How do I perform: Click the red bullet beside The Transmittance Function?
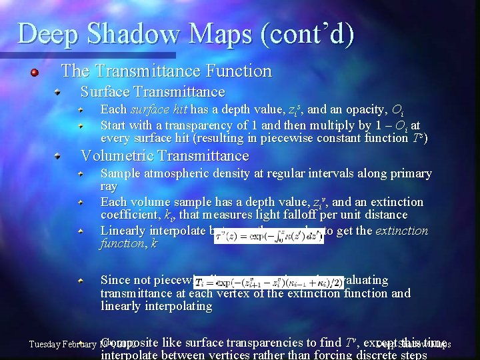point(35,71)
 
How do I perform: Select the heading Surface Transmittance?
point(153,91)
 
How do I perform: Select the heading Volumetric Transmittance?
point(164,156)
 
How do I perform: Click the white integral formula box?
point(269,236)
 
